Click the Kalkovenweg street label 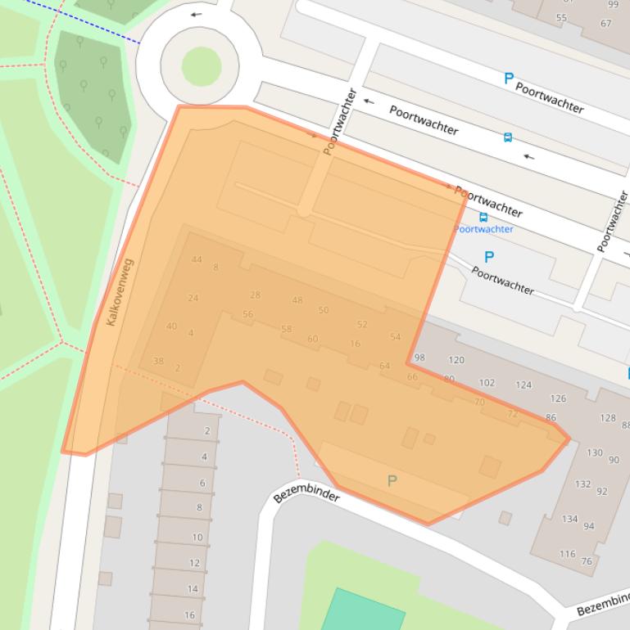click(120, 292)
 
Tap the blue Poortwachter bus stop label click(483, 229)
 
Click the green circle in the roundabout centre click(201, 66)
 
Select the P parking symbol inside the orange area click(392, 481)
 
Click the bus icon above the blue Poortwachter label click(483, 218)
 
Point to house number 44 click(197, 260)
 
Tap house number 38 click(158, 361)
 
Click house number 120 click(456, 360)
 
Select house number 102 click(487, 383)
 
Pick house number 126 click(558, 399)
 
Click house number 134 click(569, 519)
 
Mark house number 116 click(567, 554)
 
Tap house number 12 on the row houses click(195, 563)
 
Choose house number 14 click(193, 589)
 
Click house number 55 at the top click(561, 18)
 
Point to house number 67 click(605, 24)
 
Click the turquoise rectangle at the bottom click(363, 612)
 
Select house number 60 click(312, 339)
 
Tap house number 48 click(297, 300)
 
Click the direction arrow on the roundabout click(196, 15)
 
